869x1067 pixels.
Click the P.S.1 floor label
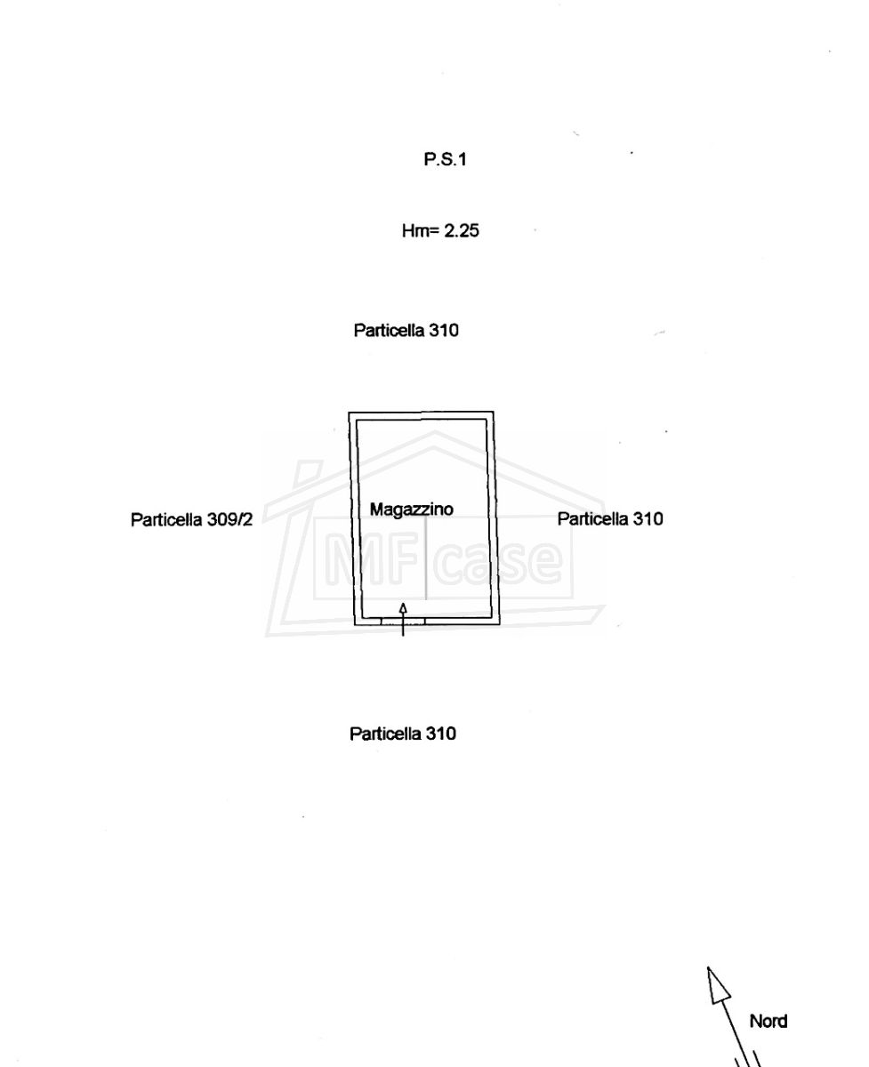point(445,159)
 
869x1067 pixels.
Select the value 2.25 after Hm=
point(462,231)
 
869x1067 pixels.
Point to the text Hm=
point(420,231)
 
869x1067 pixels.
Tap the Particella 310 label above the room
point(406,330)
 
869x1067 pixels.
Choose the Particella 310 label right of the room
point(610,518)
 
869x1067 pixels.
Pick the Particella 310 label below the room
point(403,734)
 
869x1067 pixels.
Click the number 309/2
point(230,519)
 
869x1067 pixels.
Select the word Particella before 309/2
point(166,519)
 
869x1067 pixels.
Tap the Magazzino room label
point(412,509)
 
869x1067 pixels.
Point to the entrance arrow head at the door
point(403,608)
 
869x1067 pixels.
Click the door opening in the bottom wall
point(403,622)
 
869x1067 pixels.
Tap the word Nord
point(768,1022)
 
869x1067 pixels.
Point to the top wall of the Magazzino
point(421,415)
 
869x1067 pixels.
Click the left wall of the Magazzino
point(355,518)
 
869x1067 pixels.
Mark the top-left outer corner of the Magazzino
point(349,413)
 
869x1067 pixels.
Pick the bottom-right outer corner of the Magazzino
point(500,625)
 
